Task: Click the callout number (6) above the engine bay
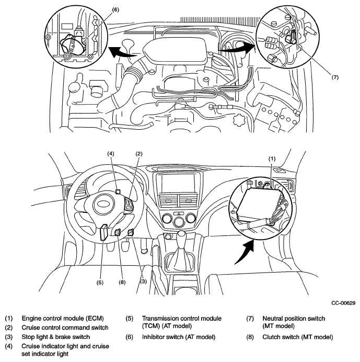(115, 10)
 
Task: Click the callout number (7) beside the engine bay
(335, 77)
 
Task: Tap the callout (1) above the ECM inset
(272, 159)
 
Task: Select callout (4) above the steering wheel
(111, 154)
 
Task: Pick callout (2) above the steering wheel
(139, 154)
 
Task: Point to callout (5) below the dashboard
(100, 282)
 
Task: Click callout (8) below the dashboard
(122, 282)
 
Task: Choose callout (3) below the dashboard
(143, 281)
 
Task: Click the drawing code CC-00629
(343, 303)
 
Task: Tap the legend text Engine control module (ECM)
(63, 319)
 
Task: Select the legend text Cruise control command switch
(65, 327)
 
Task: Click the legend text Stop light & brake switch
(56, 337)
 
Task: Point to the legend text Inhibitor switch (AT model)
(179, 337)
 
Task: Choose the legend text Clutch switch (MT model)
(298, 337)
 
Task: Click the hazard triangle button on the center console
(179, 213)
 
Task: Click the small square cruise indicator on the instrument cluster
(118, 191)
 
